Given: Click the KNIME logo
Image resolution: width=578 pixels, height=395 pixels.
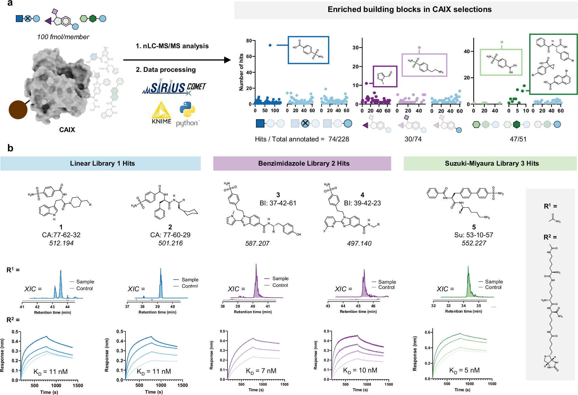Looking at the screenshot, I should [x=161, y=113].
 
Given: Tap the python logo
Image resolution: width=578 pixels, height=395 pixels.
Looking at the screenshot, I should [x=187, y=114].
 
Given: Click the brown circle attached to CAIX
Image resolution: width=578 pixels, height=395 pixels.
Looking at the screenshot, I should [x=18, y=110].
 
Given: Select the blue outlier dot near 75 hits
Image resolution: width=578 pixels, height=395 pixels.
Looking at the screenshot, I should [x=270, y=45].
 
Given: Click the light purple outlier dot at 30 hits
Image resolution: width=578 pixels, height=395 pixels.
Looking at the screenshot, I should [x=419, y=48].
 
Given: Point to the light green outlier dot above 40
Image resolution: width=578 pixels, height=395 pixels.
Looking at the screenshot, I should [x=502, y=42].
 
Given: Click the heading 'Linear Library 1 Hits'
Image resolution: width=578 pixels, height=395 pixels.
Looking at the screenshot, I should [x=102, y=163].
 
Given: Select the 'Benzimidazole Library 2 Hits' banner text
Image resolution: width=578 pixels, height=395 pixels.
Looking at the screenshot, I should [x=303, y=163].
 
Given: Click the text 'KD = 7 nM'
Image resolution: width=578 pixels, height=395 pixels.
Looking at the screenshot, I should [x=261, y=371].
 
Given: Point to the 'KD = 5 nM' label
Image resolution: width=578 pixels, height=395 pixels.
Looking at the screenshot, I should [x=464, y=370].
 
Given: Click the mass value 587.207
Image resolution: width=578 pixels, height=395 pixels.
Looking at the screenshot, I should [x=257, y=243].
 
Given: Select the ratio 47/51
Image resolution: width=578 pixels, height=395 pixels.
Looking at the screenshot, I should [x=518, y=139].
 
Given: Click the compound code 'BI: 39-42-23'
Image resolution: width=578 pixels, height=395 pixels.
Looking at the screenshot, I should [x=362, y=203].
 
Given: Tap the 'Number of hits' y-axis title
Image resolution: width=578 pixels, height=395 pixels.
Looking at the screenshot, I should [x=241, y=72].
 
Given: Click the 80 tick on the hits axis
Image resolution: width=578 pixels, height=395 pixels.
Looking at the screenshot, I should [x=249, y=41].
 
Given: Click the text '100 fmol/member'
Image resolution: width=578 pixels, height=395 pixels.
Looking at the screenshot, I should [x=63, y=37].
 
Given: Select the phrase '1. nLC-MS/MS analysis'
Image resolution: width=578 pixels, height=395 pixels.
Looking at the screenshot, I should [x=172, y=46].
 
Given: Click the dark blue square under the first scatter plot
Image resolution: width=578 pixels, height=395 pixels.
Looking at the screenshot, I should [x=260, y=123].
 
